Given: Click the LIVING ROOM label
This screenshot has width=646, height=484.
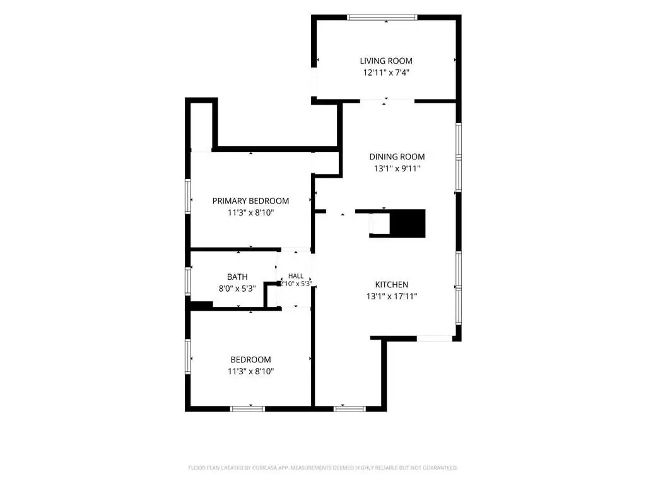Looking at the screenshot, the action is (x=386, y=61).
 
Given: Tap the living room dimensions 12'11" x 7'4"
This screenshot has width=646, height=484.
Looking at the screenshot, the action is (x=386, y=73).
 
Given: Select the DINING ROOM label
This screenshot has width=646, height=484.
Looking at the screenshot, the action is (x=397, y=157).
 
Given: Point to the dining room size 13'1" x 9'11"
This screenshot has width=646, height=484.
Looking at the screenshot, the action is (x=397, y=168).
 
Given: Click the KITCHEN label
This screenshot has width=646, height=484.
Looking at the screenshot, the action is (x=392, y=284).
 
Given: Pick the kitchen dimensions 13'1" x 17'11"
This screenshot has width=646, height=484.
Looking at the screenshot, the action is (x=392, y=296).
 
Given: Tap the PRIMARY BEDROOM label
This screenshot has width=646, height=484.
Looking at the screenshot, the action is (x=250, y=201).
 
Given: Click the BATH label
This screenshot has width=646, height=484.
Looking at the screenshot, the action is (x=237, y=277).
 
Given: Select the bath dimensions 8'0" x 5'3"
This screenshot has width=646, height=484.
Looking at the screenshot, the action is (x=237, y=289).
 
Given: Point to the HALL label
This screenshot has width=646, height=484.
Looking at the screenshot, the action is (x=296, y=276).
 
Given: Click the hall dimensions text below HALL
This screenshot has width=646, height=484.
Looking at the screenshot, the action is (x=296, y=284).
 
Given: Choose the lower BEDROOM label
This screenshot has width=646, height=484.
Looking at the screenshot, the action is (x=250, y=360).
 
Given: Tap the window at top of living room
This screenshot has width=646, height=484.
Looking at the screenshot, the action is (x=382, y=18).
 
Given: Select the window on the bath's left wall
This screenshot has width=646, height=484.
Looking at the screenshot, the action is (x=188, y=281).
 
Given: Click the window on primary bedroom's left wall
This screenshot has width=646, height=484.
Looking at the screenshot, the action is (x=188, y=196).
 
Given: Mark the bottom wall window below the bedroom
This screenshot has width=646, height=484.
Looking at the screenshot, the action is (x=247, y=408).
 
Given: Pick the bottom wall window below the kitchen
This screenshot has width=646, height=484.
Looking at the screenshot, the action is (x=349, y=408).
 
